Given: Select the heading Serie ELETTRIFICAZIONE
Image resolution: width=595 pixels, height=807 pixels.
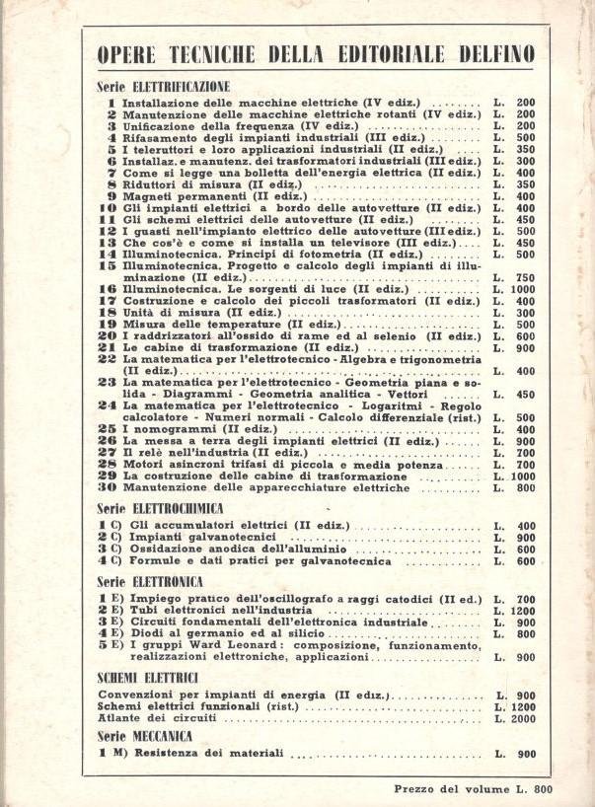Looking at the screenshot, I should [x=164, y=86].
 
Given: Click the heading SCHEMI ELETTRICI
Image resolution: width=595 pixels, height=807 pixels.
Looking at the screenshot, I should [x=149, y=678].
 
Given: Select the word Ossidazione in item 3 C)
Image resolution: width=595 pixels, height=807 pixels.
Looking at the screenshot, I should [x=160, y=549].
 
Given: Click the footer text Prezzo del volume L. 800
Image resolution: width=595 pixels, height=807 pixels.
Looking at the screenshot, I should [x=473, y=787].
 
